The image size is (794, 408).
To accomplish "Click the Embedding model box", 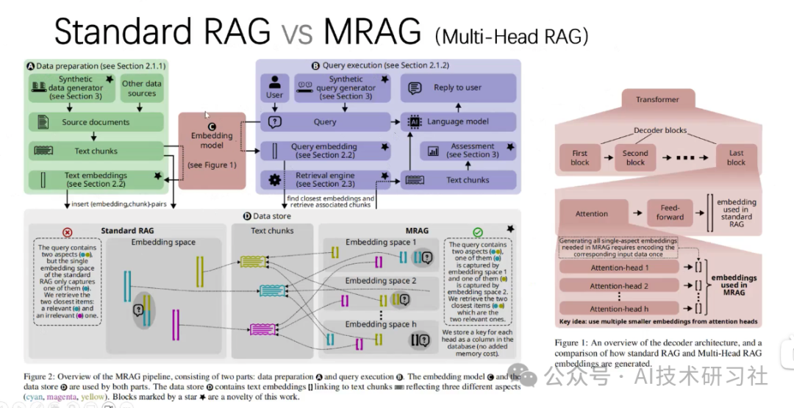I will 212,151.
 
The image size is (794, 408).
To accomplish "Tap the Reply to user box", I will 458,87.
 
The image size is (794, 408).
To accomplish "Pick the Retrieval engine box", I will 324,179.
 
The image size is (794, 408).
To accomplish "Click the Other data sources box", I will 142,89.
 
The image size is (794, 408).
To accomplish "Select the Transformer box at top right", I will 657,99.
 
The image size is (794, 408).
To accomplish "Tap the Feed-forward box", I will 669,213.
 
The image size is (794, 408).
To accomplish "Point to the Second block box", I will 635,158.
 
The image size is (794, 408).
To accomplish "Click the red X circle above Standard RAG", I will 68,232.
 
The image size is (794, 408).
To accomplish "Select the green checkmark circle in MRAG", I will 478,232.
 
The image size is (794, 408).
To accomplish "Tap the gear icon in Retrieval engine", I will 275,179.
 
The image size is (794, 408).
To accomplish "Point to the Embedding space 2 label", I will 381,281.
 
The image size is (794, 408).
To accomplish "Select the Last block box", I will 736,158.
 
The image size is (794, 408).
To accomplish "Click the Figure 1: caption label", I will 576,343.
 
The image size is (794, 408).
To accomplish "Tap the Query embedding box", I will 324,151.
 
